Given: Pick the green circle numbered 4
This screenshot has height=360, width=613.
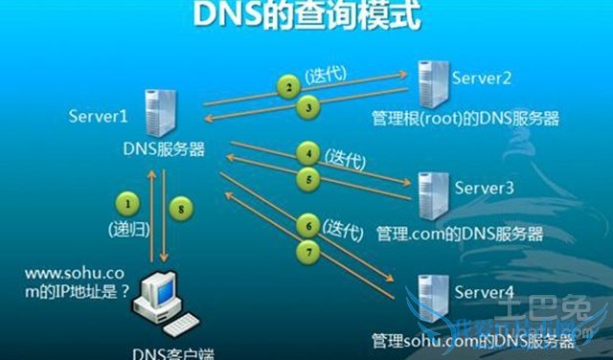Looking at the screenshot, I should (x=307, y=152).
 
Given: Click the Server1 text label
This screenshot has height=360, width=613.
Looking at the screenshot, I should (x=98, y=117).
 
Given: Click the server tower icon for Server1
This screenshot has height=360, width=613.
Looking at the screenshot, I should (x=157, y=113).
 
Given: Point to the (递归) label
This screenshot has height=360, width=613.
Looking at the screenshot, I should (x=127, y=231).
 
